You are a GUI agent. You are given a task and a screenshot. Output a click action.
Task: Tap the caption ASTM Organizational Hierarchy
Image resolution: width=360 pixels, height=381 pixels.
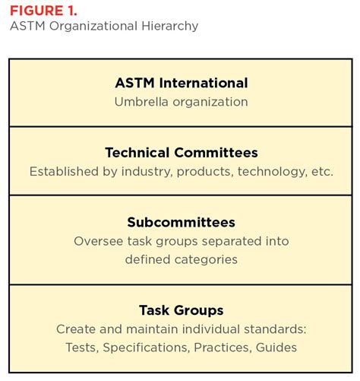click(x=104, y=27)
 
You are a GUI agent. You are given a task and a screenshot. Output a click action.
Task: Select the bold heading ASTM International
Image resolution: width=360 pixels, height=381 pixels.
click(x=181, y=83)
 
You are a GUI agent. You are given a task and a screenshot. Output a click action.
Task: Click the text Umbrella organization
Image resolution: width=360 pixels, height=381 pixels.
click(x=181, y=101)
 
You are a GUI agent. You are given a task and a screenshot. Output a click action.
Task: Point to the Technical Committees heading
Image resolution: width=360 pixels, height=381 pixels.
click(x=181, y=153)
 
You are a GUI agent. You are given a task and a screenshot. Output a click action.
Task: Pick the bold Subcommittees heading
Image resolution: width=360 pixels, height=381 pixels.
click(x=181, y=223)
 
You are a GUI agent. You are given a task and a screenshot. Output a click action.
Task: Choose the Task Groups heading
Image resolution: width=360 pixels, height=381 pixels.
click(x=181, y=310)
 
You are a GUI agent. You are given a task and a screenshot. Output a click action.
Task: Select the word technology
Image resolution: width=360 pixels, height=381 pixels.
click(x=272, y=172)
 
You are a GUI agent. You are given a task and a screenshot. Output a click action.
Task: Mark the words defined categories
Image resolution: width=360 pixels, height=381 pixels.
click(x=181, y=260)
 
